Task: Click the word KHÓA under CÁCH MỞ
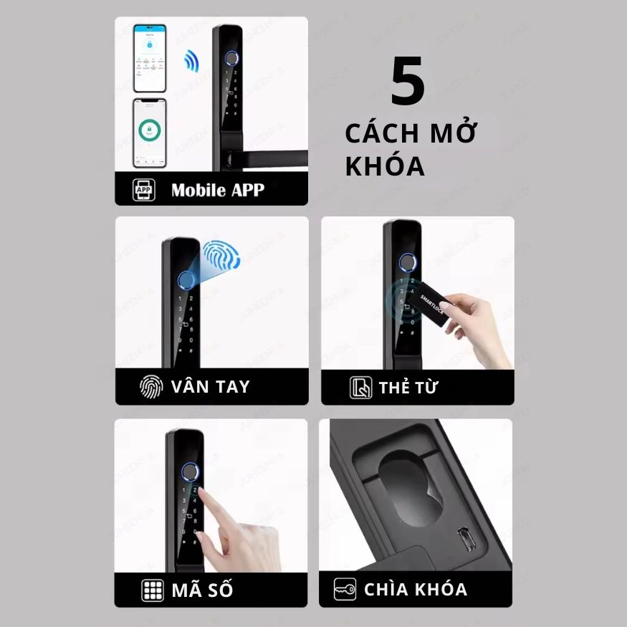pos(385,166)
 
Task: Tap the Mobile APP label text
pos(217,190)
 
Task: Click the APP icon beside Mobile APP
pos(144,190)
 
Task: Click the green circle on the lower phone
pos(150,131)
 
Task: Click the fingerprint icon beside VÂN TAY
pos(151,387)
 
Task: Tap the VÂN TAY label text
pos(211,387)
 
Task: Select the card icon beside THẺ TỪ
pos(360,388)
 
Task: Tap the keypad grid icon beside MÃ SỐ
pos(152,590)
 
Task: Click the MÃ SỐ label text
pos(202,590)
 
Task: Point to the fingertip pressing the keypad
pos(203,493)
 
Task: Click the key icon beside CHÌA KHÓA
pos(345,590)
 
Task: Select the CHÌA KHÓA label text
pos(416,590)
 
